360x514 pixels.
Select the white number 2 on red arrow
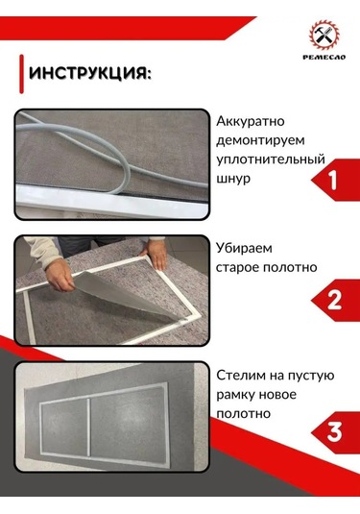coord(333,300)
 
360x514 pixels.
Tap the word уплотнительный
coord(271,159)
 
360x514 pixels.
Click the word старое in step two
coord(240,265)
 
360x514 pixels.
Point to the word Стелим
coord(242,374)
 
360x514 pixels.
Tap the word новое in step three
coord(289,393)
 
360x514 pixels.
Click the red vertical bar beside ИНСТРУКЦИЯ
coord(22,73)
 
